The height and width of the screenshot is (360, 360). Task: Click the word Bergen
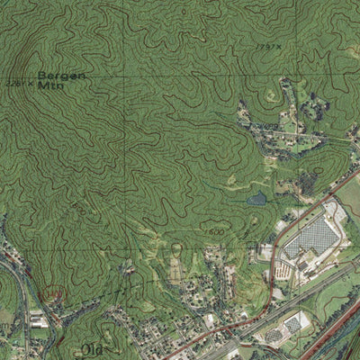(x=62, y=76)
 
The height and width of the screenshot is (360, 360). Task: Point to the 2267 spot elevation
(x=18, y=83)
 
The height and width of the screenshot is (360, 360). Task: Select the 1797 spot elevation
(x=266, y=46)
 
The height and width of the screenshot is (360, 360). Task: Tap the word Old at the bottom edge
(x=92, y=349)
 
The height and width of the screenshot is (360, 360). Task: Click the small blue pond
(x=257, y=199)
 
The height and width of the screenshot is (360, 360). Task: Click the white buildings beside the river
(x=38, y=319)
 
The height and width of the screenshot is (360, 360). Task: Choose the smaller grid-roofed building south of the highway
(x=293, y=322)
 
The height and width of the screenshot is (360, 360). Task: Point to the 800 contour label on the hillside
(x=79, y=206)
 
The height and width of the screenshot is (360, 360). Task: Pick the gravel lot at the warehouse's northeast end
(x=336, y=211)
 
